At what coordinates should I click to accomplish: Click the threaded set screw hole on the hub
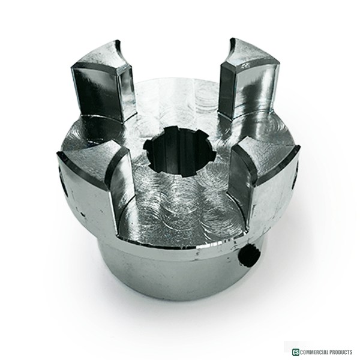point(250,256)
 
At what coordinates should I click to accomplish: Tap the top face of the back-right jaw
point(253,52)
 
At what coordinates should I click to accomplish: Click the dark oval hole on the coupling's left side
point(65,187)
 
